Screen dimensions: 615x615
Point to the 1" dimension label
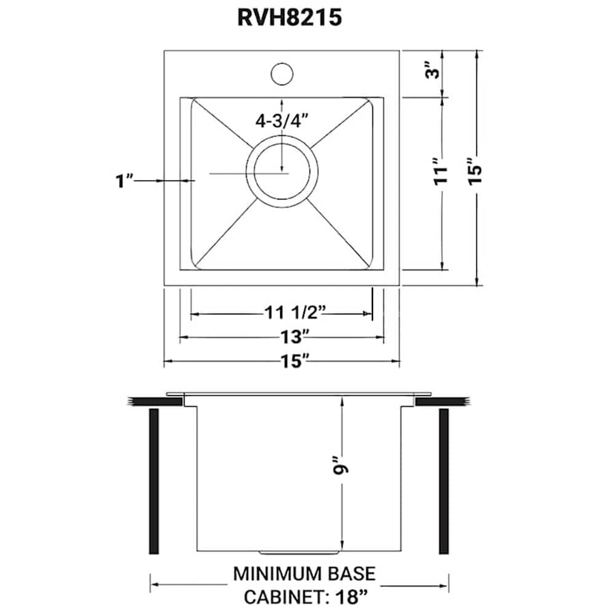point(124,180)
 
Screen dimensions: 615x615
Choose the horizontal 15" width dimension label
point(295,361)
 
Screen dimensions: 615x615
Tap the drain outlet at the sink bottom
point(299,550)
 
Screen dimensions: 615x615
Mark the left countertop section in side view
point(155,401)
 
